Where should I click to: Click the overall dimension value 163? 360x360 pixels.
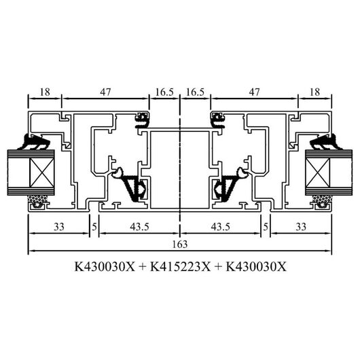pos(180,245)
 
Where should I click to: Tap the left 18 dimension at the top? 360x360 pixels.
pos(45,92)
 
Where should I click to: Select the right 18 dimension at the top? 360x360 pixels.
pos(314,92)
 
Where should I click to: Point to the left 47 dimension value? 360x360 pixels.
pos(105,92)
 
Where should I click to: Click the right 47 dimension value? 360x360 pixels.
pos(255,92)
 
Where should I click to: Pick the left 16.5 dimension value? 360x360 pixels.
pos(164,92)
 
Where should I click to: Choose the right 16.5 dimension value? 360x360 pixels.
pos(195,92)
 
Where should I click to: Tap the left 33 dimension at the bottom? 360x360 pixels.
pos(59,227)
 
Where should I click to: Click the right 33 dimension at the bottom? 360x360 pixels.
pos(301,227)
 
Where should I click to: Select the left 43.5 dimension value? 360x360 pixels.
pos(140,227)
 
